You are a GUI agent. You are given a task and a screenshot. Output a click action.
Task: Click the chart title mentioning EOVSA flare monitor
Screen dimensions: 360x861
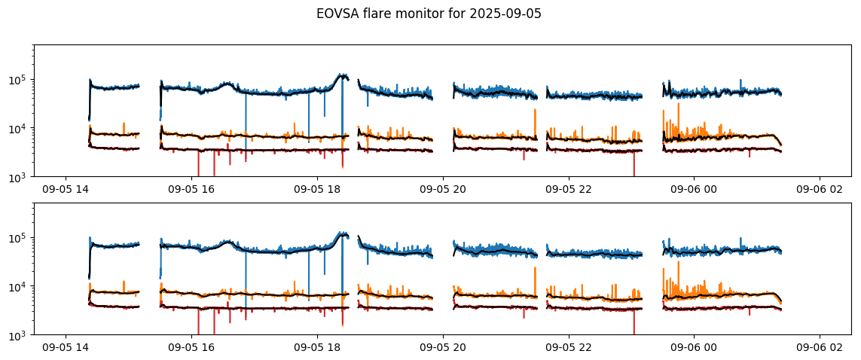coord(429,14)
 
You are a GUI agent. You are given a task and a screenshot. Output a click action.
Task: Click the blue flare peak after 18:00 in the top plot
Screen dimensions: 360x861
coord(343,75)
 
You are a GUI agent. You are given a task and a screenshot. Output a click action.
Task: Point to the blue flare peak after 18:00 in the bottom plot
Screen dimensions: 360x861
coord(343,233)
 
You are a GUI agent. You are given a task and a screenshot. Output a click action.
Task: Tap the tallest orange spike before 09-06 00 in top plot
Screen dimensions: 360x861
coord(679,104)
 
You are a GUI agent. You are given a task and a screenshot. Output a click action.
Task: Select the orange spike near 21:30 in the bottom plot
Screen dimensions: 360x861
coord(535,267)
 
